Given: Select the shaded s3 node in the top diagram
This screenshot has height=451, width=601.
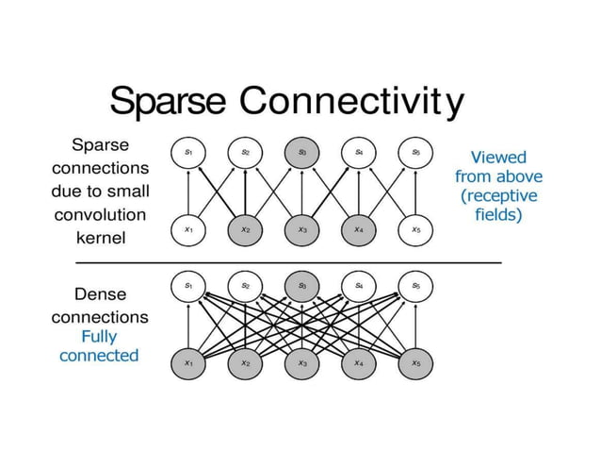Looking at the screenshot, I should tap(301, 151).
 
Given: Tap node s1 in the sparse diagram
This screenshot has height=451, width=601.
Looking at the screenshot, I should tap(188, 151).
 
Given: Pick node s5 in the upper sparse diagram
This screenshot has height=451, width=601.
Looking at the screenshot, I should tap(415, 151).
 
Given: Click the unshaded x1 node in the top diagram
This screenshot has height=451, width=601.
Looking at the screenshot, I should tap(188, 228).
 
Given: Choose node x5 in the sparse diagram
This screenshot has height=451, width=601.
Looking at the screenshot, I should tap(415, 228).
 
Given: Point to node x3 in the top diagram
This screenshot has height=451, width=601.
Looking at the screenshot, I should tap(301, 228).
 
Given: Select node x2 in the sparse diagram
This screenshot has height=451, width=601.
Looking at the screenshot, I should tap(245, 228).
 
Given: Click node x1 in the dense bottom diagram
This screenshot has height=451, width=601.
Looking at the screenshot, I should tap(188, 362).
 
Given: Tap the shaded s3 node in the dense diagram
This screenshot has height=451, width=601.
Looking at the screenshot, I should tap(301, 284).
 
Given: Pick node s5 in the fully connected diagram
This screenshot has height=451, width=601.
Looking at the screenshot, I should tap(415, 284).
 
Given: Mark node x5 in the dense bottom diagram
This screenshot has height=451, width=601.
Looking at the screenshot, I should tap(415, 362).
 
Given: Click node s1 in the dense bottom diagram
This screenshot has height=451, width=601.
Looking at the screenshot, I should tap(188, 284).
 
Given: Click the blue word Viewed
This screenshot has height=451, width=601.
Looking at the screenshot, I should tap(498, 158).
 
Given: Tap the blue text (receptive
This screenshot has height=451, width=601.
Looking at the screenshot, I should tap(498, 195).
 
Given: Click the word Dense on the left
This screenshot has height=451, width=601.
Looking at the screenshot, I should tap(100, 293).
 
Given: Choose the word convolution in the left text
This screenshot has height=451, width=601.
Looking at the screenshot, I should tap(100, 214).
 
